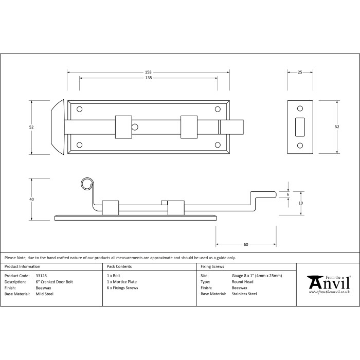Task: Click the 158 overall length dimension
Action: (148, 72)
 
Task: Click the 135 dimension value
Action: (148, 78)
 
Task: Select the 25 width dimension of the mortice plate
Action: (300, 72)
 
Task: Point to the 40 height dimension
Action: (32, 199)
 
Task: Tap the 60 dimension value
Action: (246, 244)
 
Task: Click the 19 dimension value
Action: (301, 203)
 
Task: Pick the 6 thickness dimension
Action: (288, 194)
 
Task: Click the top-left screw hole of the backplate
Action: (80, 109)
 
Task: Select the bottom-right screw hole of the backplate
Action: (217, 145)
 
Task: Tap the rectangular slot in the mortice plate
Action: (300, 127)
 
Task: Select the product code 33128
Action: (42, 276)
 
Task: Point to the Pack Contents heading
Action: (119, 266)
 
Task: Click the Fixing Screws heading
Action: (213, 266)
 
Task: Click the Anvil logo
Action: (329, 283)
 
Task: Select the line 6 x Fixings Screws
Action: (122, 288)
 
